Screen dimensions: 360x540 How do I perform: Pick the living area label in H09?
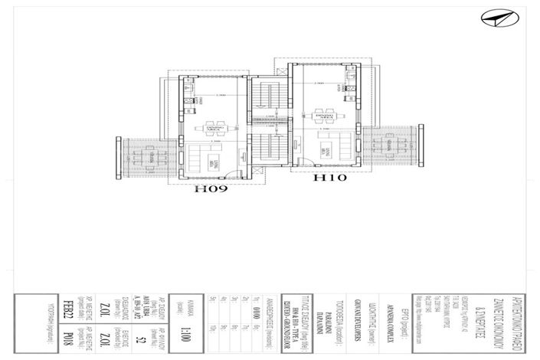coord(216,163)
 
